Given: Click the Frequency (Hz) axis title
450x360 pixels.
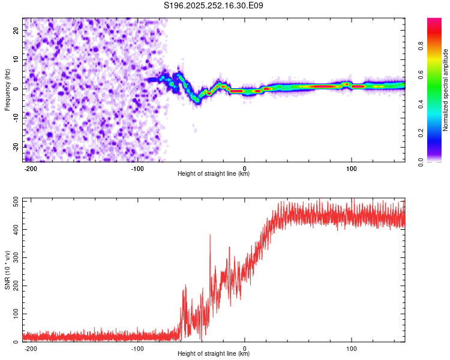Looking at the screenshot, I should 7,89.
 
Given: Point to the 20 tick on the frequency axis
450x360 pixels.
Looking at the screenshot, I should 17,30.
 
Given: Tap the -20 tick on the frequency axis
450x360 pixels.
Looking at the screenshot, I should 16,146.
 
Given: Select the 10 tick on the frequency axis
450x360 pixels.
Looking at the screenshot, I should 17,59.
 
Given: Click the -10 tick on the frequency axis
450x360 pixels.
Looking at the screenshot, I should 16,118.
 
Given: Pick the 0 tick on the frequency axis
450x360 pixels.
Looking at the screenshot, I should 19,88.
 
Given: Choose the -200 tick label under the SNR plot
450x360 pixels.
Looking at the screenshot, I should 30,348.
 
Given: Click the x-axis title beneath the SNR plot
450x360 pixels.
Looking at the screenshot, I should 214,354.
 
